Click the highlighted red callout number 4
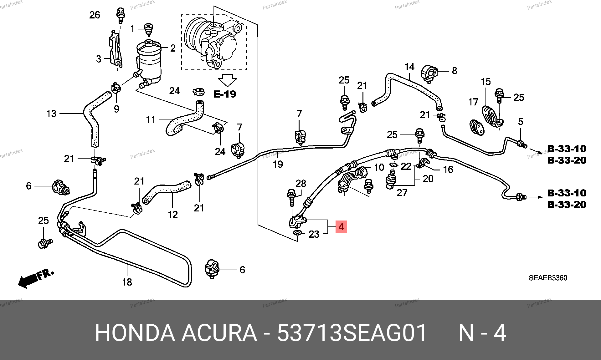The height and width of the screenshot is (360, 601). [x=341, y=227]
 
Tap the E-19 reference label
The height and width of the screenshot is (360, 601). [x=225, y=94]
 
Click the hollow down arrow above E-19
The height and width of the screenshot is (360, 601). [x=228, y=80]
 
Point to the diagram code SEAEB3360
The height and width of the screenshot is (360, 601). [x=548, y=278]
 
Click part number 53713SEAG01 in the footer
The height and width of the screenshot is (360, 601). [x=352, y=333]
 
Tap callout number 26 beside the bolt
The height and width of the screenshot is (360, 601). [x=95, y=15]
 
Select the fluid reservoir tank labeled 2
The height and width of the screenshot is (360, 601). [x=149, y=61]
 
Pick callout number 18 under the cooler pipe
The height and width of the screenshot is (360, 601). [x=127, y=282]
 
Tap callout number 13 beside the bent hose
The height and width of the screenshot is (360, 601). [x=51, y=114]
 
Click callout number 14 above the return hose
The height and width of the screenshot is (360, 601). [x=409, y=67]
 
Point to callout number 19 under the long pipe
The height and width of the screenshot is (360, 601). [x=278, y=164]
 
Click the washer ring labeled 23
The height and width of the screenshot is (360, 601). [x=297, y=233]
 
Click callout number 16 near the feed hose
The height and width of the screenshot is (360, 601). [x=448, y=170]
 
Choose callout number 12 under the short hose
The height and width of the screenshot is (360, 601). [x=173, y=215]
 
